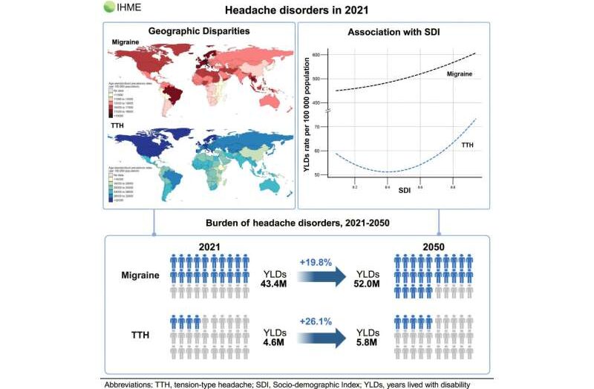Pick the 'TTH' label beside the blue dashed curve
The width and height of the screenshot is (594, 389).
pyautogui.click(x=468, y=146)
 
